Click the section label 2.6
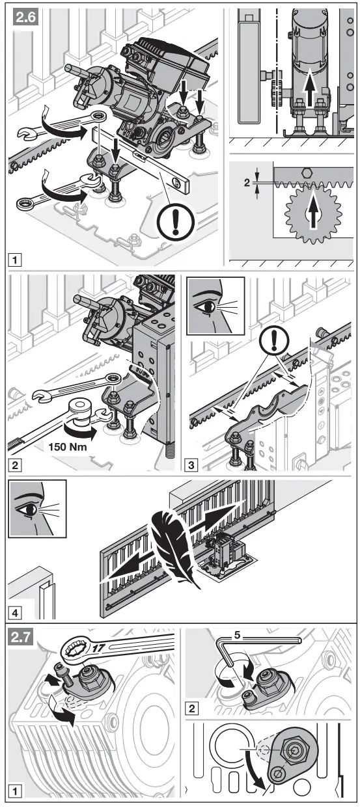(x=25, y=17)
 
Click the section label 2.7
(x=21, y=638)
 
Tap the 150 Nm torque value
(x=68, y=447)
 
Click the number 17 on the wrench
(x=98, y=648)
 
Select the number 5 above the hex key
(x=238, y=635)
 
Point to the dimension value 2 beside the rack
(x=247, y=183)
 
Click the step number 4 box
(x=15, y=614)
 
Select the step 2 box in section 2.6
(x=15, y=465)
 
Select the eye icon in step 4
(x=37, y=508)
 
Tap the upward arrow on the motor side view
(x=310, y=88)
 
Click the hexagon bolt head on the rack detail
(x=307, y=173)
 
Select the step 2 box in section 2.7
(x=191, y=708)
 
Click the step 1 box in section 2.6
(x=15, y=260)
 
